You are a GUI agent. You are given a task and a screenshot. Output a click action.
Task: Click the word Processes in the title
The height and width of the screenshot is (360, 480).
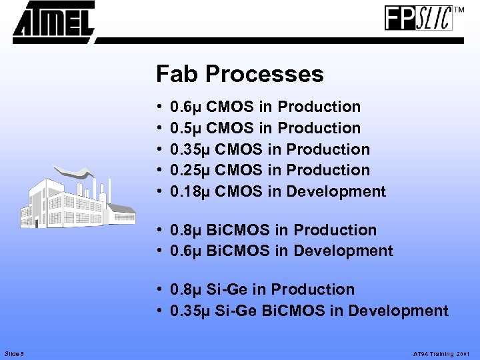pos(265,74)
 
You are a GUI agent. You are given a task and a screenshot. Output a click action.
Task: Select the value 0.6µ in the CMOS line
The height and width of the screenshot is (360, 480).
pos(187,107)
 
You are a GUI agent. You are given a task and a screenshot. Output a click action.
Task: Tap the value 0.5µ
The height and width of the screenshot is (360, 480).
pos(187,128)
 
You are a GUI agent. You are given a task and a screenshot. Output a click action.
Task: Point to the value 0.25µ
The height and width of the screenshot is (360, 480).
pos(191,170)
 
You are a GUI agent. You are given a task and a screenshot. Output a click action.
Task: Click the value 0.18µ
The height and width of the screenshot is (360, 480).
pos(191,191)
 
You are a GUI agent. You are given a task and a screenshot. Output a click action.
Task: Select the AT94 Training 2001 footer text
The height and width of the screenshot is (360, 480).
pos(441,353)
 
